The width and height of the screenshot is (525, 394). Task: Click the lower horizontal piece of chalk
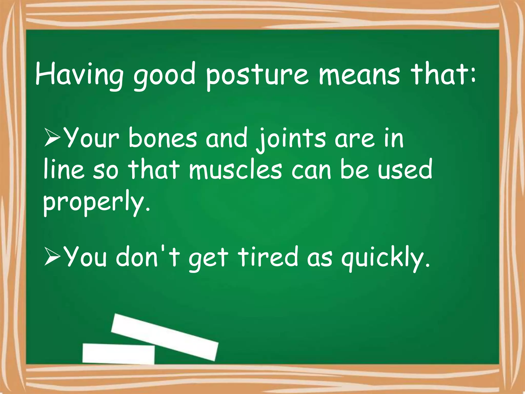(x=118, y=353)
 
